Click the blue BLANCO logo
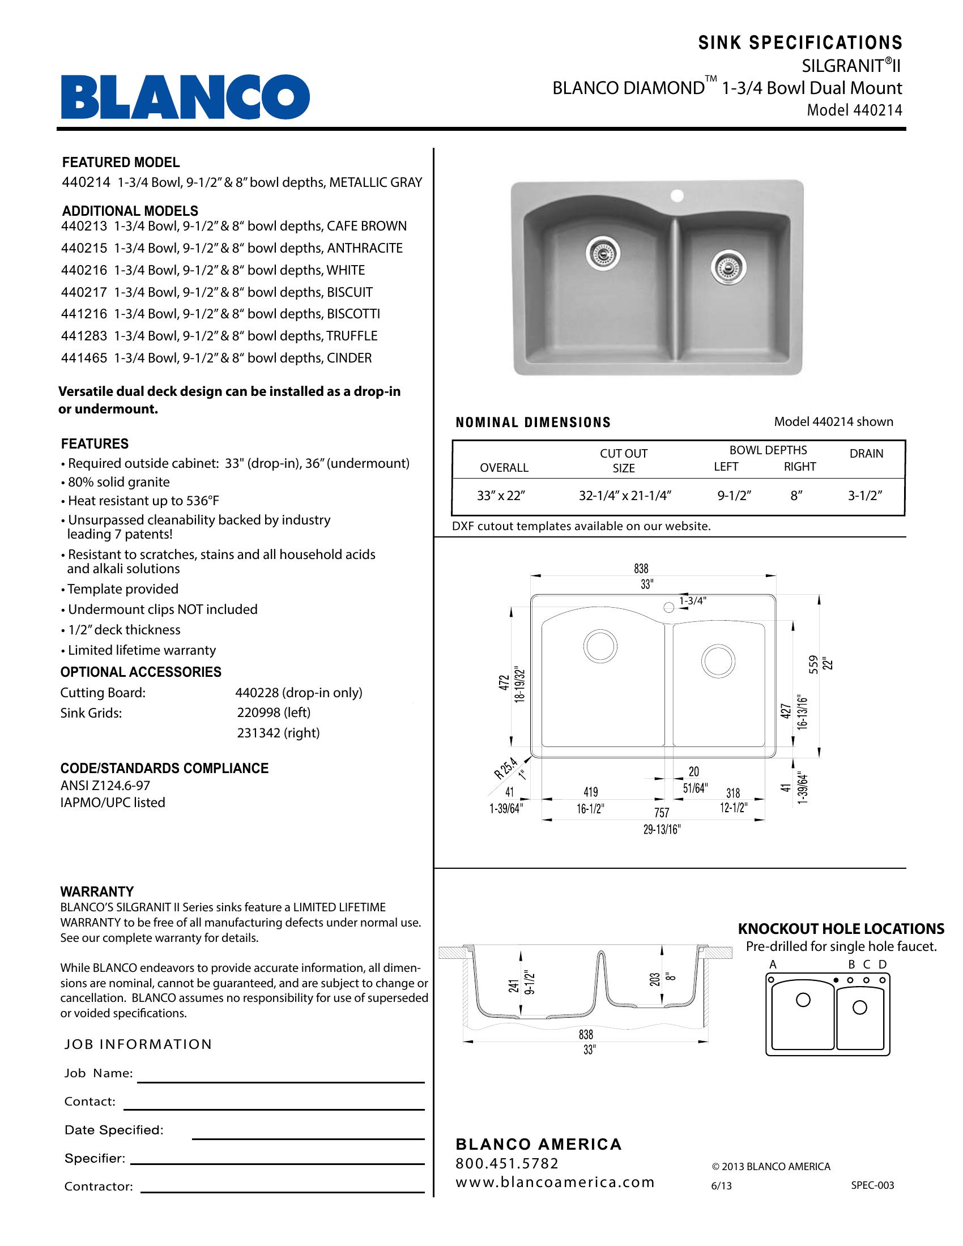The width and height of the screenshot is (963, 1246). [x=185, y=97]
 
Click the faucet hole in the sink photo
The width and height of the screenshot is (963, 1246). [x=677, y=197]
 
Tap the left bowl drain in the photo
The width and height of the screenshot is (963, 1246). [x=603, y=253]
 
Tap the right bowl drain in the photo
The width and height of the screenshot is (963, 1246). [x=728, y=265]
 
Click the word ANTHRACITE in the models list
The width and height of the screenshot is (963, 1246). [x=365, y=248]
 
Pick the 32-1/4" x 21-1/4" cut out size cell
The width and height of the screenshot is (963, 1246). [x=625, y=496]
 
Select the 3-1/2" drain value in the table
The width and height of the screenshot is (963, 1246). [x=865, y=496]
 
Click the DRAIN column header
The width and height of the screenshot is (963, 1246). [x=866, y=454]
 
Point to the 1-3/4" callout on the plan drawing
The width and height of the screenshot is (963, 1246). [x=693, y=600]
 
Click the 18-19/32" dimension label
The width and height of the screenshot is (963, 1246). [x=519, y=685]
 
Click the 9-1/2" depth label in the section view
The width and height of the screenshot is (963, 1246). [x=530, y=983]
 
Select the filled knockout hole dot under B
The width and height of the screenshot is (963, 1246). [x=836, y=980]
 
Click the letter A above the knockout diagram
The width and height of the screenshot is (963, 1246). [x=773, y=965]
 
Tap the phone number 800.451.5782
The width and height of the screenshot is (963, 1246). [x=507, y=1163]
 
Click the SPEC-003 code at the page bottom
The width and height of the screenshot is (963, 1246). [x=872, y=1185]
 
